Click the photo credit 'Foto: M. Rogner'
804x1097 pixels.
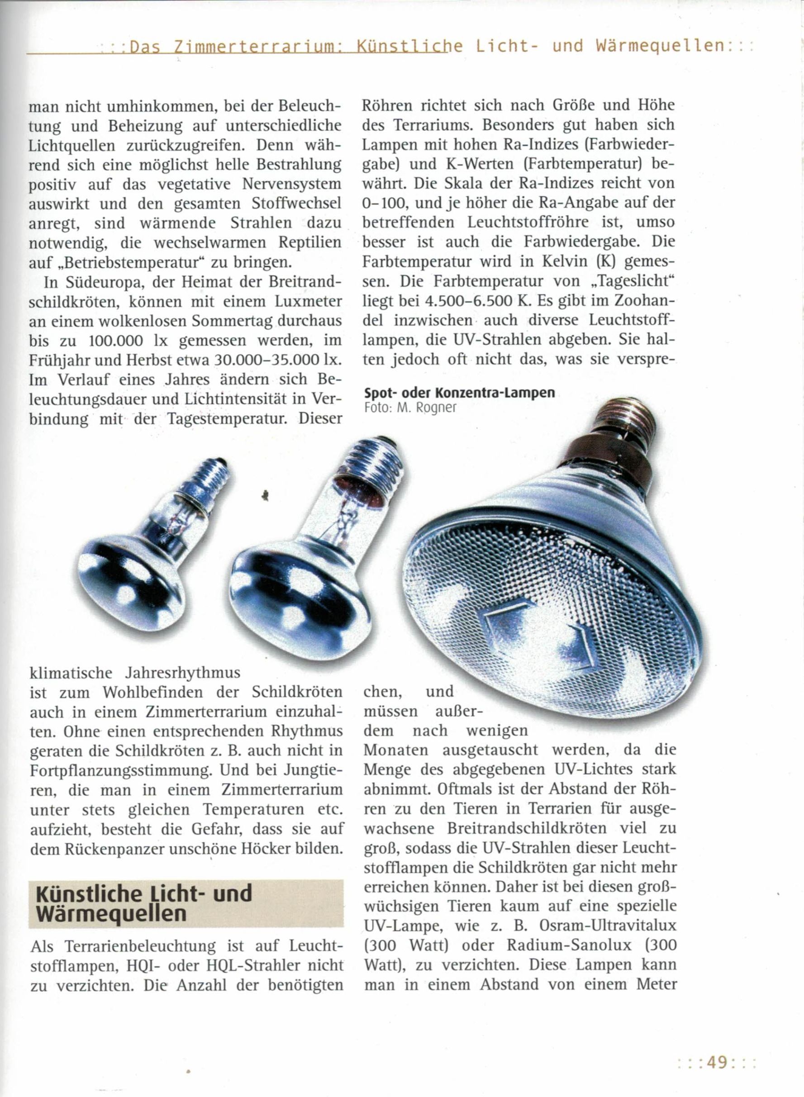(x=410, y=408)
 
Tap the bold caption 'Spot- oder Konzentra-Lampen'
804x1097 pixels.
(x=459, y=393)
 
